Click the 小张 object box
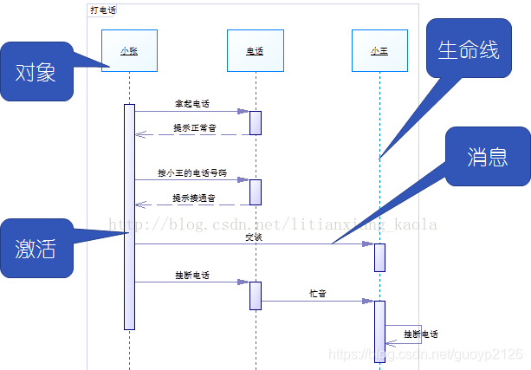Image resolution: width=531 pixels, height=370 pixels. [129, 50]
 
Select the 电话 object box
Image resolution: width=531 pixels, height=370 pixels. [256, 50]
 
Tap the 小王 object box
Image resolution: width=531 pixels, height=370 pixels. [379, 50]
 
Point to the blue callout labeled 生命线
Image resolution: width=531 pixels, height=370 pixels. [468, 49]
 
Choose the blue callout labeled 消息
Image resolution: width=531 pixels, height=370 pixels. [487, 156]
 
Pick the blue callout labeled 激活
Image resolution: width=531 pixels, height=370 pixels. [36, 248]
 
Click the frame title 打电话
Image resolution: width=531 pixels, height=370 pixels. [103, 10]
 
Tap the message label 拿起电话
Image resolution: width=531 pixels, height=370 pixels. [192, 103]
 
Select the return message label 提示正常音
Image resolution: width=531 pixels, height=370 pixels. [194, 127]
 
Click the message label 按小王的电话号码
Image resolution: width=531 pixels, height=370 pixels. [192, 173]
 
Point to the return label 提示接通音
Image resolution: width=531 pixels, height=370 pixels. [194, 198]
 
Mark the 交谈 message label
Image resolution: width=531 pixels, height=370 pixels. [253, 237]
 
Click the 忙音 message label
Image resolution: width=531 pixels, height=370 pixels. [318, 294]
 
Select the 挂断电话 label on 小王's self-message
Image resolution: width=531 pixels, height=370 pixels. [422, 334]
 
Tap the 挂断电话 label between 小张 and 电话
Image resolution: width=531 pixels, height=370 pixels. [192, 276]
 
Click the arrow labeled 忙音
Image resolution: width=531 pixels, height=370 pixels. [317, 302]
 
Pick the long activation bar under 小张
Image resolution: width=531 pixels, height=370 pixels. [129, 217]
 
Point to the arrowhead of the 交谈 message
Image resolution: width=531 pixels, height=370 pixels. [368, 244]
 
